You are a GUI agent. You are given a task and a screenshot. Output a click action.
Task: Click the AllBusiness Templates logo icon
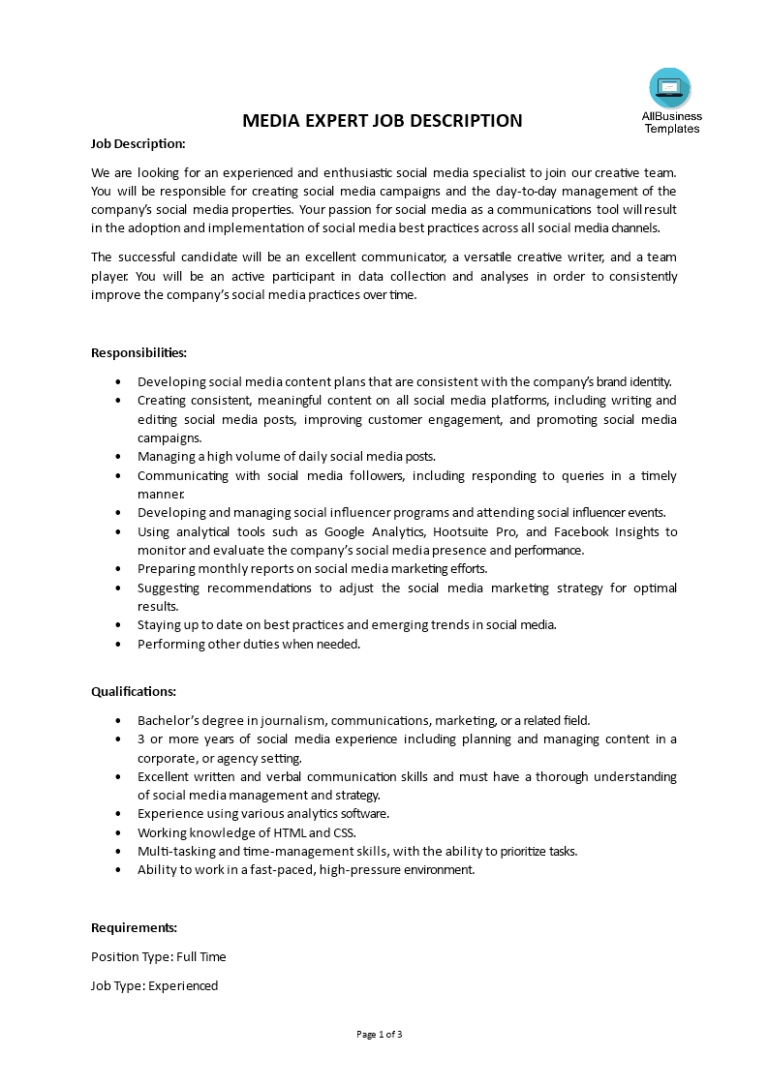point(670,88)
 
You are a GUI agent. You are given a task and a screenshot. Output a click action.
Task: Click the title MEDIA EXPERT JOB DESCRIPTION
point(382,121)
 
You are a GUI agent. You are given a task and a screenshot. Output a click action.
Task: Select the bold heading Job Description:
point(138,144)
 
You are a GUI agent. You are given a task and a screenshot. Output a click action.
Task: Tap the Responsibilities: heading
point(138,353)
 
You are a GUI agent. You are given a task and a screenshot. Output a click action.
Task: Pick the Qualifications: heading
point(134,692)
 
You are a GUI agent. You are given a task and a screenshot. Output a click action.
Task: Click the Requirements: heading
point(134,928)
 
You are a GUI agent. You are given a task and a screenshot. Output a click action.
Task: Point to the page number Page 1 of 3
point(379,1035)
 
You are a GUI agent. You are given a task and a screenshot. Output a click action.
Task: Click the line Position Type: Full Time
point(158,957)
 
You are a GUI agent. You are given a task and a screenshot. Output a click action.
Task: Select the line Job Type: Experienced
point(154,986)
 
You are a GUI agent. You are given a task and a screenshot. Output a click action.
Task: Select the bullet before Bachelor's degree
point(118,721)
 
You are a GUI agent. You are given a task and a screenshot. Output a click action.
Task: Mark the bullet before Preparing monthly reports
point(118,569)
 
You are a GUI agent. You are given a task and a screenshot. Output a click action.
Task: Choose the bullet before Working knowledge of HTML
point(118,833)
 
